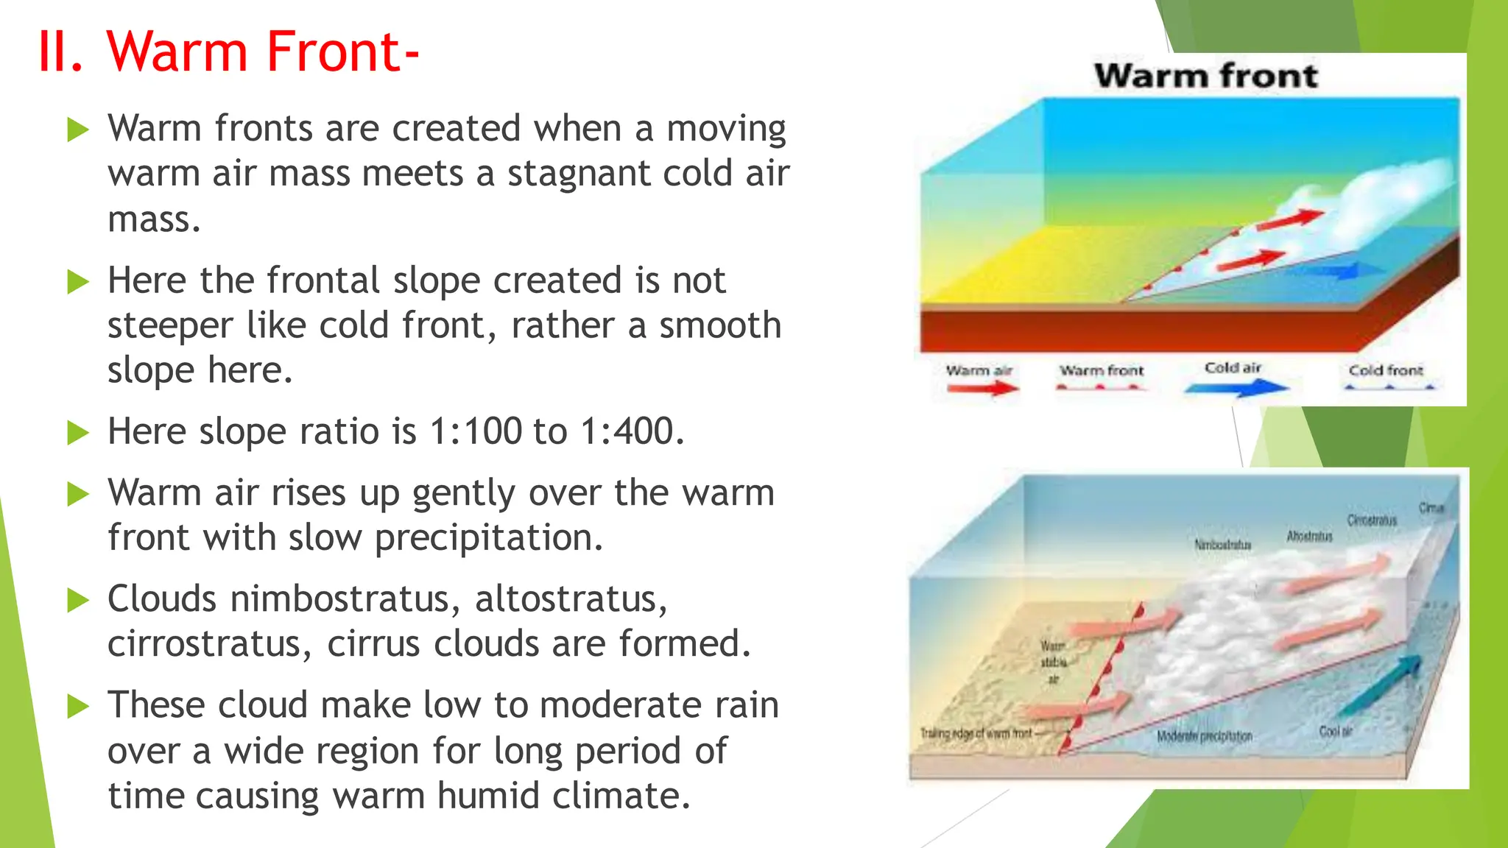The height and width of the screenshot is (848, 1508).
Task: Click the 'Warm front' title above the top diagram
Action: pyautogui.click(x=1205, y=76)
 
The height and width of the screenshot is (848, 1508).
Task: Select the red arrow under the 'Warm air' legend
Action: pyautogui.click(x=982, y=387)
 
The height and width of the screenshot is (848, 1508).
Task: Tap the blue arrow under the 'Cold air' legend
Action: pyautogui.click(x=1237, y=387)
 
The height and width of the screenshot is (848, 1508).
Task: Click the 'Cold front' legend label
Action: pyautogui.click(x=1386, y=370)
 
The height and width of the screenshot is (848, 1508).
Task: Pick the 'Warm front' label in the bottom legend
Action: pyautogui.click(x=1102, y=370)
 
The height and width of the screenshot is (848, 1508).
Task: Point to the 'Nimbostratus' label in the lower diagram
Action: pyautogui.click(x=1222, y=545)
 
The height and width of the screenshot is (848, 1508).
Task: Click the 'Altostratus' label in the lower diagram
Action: pyautogui.click(x=1309, y=536)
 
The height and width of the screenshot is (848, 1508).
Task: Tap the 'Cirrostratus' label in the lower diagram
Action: pyautogui.click(x=1372, y=520)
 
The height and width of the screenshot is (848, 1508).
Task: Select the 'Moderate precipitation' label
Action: pyautogui.click(x=1204, y=736)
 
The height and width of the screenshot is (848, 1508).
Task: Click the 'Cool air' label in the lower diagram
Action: pyautogui.click(x=1336, y=731)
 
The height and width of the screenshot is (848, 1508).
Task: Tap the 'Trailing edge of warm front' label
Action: pyautogui.click(x=976, y=733)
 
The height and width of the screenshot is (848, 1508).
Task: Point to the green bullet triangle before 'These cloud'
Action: pyautogui.click(x=77, y=707)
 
